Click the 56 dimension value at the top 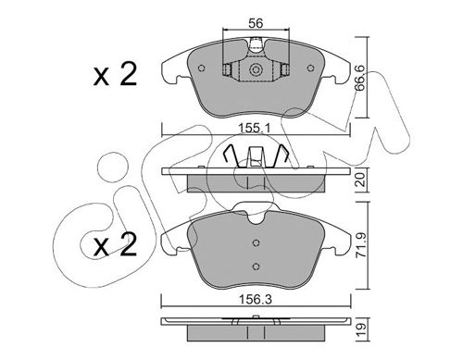coord(256,23)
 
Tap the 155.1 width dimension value coord(255,128)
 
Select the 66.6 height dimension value coord(359,78)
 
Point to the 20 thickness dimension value coord(360,180)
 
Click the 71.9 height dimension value coord(361,245)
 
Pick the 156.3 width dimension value coord(256,299)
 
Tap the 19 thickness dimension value coord(361,330)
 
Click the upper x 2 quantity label coord(115,74)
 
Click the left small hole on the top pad coord(202,68)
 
